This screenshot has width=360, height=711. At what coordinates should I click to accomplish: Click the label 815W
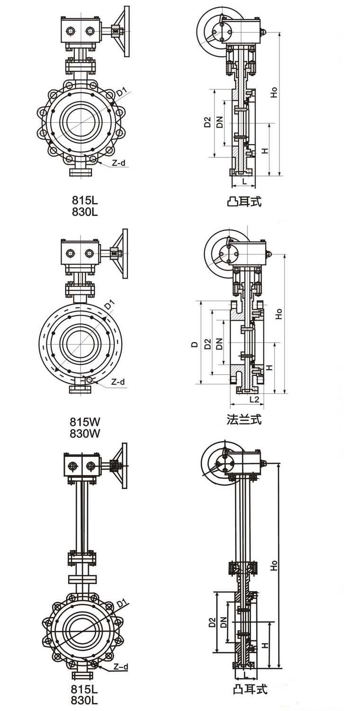coord(86,421)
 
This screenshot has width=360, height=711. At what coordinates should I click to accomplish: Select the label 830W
coord(86,433)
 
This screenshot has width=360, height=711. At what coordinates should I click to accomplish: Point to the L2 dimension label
coord(254,400)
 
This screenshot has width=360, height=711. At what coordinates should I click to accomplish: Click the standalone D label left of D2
coord(194,345)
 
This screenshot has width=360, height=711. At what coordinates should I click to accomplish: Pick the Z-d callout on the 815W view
coord(118,382)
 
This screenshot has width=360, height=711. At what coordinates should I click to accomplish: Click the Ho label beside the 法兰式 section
coord(279,313)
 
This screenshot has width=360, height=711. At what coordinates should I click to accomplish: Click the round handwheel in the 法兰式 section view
coord(219,253)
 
